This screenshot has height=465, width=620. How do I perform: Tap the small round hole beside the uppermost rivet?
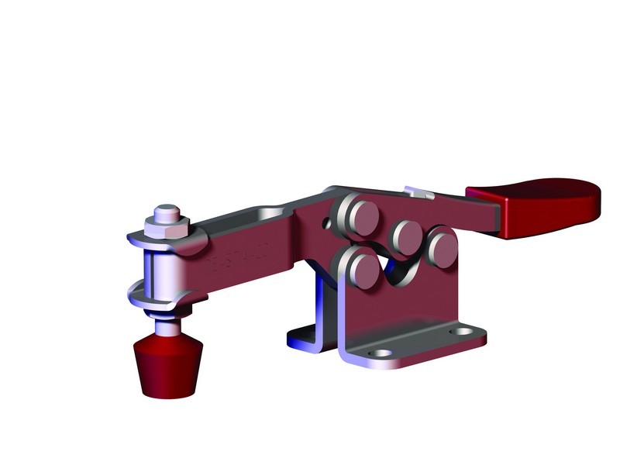[x=327, y=225]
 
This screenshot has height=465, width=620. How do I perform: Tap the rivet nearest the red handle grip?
[x=443, y=247]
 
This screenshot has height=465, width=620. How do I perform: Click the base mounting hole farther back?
[x=463, y=332]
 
